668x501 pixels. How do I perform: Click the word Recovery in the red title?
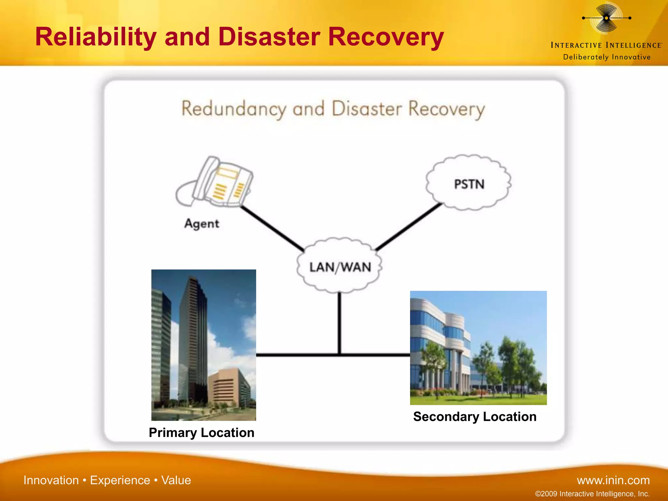(x=386, y=37)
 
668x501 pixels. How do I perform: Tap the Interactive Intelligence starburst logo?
(x=606, y=18)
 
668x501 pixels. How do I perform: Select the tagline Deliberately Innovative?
(x=607, y=57)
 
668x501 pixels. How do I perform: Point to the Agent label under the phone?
(x=202, y=224)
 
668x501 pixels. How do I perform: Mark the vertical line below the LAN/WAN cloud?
(x=340, y=323)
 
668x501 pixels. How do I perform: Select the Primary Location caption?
(x=201, y=433)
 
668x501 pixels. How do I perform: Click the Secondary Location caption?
(x=475, y=417)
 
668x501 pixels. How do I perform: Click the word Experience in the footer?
(x=120, y=480)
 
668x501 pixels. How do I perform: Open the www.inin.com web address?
(x=613, y=480)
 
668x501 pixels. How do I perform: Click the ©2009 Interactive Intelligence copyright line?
(x=592, y=494)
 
